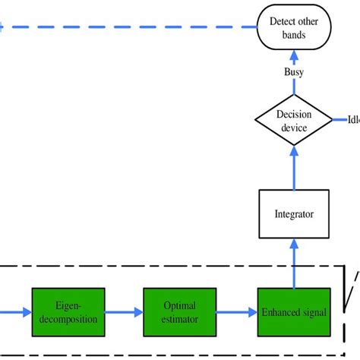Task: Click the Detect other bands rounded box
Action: pyautogui.click(x=293, y=27)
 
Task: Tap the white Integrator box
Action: pyautogui.click(x=293, y=215)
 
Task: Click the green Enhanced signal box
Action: pyautogui.click(x=293, y=313)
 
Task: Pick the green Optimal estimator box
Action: pyautogui.click(x=180, y=313)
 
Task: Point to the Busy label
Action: pyautogui.click(x=293, y=72)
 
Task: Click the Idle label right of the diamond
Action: pyautogui.click(x=353, y=120)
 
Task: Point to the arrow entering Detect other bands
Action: pyautogui.click(x=293, y=57)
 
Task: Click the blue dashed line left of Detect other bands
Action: pyautogui.click(x=129, y=27)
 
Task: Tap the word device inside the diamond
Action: pyautogui.click(x=293, y=128)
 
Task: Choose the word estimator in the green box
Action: pyautogui.click(x=180, y=319)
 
